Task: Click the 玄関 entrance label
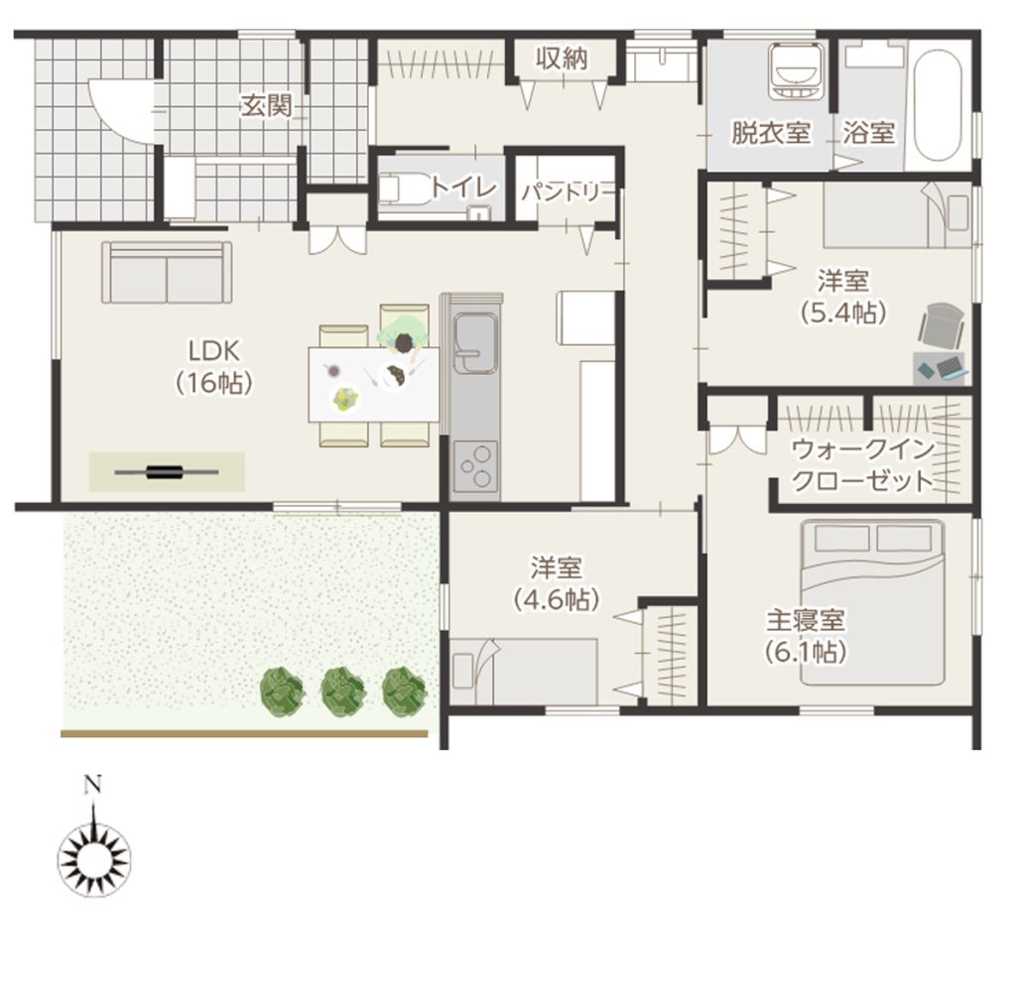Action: coord(266,105)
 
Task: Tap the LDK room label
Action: coord(214,351)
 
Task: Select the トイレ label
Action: coord(463,187)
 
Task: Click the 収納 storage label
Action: coord(562,59)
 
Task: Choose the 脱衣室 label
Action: coord(770,133)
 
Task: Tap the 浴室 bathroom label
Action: coord(868,133)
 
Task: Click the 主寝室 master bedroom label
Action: coord(806,620)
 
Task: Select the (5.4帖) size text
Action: coord(843,312)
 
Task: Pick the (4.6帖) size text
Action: coord(556,599)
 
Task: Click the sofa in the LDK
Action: coord(167,273)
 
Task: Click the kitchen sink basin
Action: coord(475,342)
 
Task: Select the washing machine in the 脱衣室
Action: coord(797,71)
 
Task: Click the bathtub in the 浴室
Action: coord(937,102)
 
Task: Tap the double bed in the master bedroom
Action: coord(872,602)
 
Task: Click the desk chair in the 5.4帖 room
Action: coord(941,324)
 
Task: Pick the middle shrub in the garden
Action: coord(342,691)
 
